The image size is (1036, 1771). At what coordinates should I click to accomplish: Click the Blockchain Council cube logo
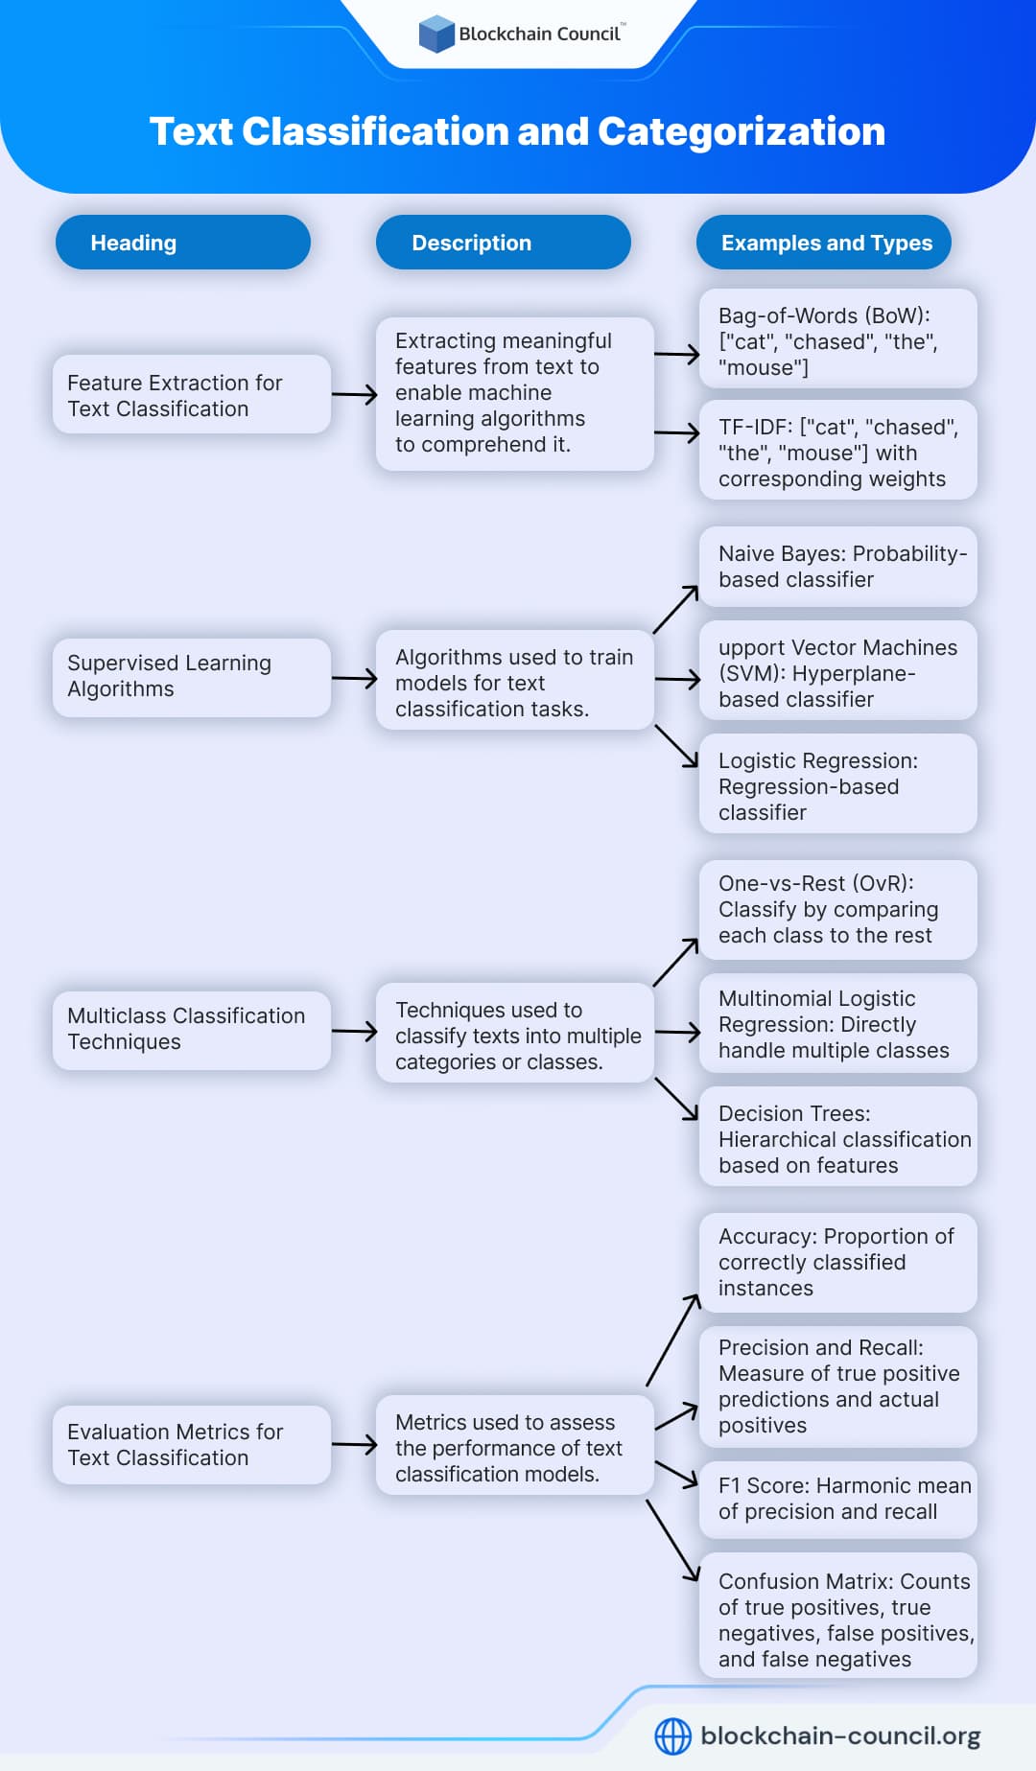436,34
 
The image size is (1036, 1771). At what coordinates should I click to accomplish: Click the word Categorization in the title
741,131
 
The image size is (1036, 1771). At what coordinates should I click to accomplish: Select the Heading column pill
182,243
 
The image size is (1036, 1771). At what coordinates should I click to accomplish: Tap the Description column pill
503,243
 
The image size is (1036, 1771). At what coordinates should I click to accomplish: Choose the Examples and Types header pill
824,243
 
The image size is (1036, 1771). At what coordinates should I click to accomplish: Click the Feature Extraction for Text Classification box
191,395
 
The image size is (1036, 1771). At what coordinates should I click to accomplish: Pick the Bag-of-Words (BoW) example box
837,340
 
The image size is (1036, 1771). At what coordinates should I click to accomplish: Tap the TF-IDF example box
837,452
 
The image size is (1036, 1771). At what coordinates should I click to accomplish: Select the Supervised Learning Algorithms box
191,677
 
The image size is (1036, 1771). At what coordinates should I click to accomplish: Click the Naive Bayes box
837,567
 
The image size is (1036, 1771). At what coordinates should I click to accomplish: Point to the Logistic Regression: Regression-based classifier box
837,785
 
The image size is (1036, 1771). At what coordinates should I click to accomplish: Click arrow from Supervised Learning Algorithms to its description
354,679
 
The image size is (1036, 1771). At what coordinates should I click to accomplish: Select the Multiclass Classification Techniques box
191,1030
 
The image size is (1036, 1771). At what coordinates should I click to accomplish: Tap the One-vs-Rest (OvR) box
837,910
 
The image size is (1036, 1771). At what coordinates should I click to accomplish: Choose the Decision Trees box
837,1138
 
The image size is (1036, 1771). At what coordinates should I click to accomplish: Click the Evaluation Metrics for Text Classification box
191,1445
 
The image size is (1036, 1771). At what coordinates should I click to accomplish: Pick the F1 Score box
837,1499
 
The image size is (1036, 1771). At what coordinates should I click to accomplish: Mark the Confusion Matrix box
837,1620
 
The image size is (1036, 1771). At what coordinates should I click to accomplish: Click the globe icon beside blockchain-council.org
672,1736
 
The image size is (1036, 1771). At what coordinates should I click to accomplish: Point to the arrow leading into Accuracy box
673,1340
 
